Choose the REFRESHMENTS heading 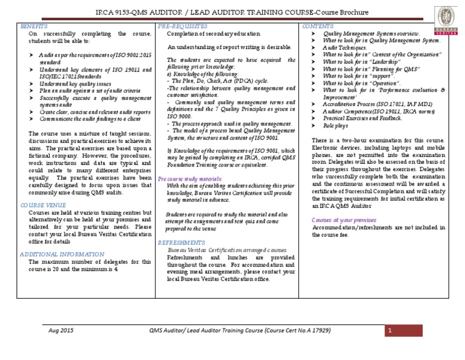point(181,242)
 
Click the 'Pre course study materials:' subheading point(190,180)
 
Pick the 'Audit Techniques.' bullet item point(345,47)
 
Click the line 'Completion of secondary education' point(214,34)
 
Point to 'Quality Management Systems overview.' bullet point(371,34)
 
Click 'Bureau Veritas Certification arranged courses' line point(227,249)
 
